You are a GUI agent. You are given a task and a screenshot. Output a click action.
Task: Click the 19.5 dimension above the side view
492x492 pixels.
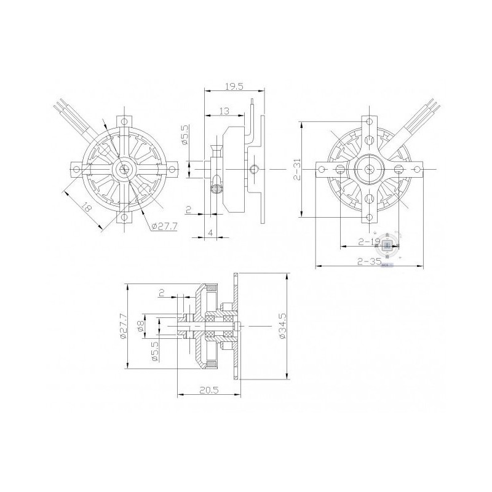tap(234, 87)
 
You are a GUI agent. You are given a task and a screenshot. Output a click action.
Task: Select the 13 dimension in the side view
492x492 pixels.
tap(224, 111)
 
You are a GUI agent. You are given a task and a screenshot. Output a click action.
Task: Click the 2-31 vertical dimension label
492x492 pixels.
tap(296, 169)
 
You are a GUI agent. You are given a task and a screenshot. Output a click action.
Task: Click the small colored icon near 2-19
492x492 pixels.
tap(387, 246)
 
